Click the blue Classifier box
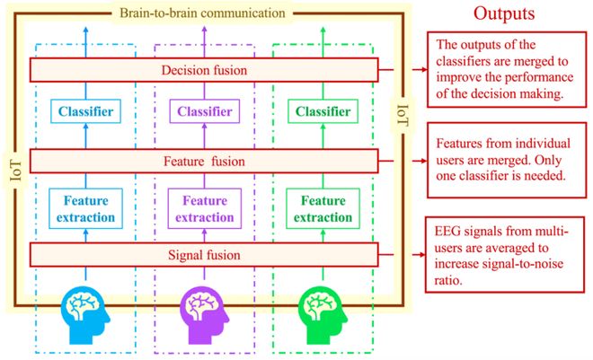(86, 113)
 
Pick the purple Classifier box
(206, 113)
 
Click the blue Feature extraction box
(86, 208)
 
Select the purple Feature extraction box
(206, 208)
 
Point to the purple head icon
(206, 311)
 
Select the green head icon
(323, 311)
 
